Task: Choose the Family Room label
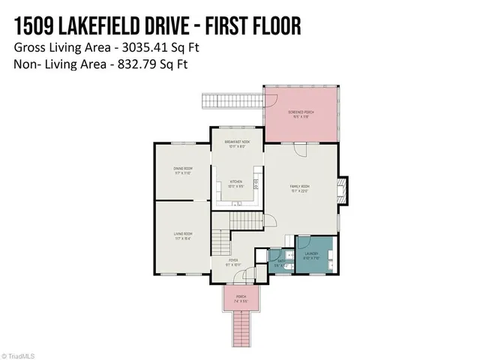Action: tap(300, 187)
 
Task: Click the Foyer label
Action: tap(234, 262)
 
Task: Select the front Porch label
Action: tap(241, 297)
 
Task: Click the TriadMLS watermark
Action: tap(20, 355)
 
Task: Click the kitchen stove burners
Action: tap(256, 183)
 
